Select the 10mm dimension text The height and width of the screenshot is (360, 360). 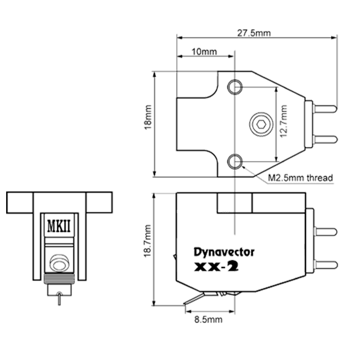pyautogui.click(x=204, y=52)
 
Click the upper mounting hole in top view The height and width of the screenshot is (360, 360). pyautogui.click(x=235, y=86)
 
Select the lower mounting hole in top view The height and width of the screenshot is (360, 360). pyautogui.click(x=235, y=160)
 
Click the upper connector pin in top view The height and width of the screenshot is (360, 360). pyautogui.click(x=325, y=108)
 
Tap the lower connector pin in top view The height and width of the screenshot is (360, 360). pyautogui.click(x=325, y=139)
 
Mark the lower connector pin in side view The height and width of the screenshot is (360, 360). pyautogui.click(x=325, y=265)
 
